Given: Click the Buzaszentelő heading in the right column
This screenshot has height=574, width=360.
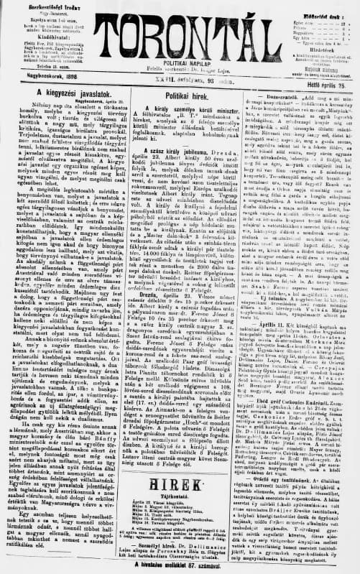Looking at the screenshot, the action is point(271,93).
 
